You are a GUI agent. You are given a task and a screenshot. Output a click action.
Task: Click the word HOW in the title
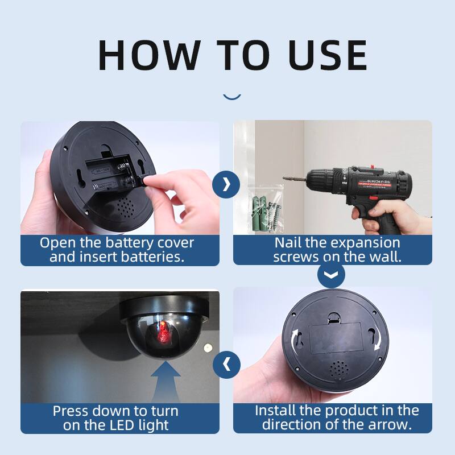(149, 55)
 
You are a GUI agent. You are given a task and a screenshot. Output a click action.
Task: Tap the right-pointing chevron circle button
(226, 184)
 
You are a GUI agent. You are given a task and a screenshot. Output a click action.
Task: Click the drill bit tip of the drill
(286, 179)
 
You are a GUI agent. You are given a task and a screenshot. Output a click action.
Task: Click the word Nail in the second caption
(288, 242)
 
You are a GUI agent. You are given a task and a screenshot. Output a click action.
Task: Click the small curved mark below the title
(231, 97)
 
